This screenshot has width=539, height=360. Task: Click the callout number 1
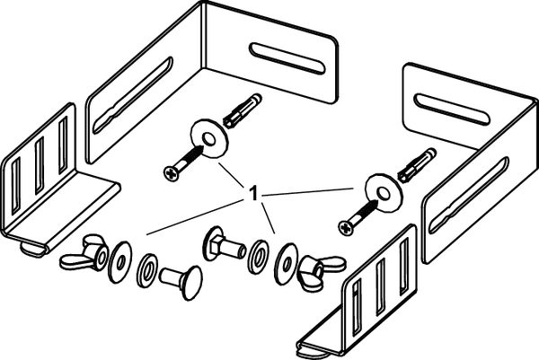tap(253, 193)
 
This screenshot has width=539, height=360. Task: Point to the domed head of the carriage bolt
tap(190, 283)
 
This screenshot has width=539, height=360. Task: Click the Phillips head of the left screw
tap(172, 173)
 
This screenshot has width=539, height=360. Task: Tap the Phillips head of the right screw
tap(346, 228)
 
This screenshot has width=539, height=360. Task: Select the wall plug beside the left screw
tap(243, 110)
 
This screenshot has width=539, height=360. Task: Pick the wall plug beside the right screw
tap(417, 165)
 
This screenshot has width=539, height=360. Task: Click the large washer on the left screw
tap(209, 138)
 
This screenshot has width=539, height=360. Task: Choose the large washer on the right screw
tap(384, 193)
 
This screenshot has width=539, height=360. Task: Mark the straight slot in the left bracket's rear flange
tap(287, 58)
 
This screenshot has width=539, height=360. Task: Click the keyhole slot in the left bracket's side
tap(133, 95)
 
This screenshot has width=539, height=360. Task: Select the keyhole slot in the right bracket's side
tap(469, 196)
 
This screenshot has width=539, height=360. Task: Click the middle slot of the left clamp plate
tap(40, 165)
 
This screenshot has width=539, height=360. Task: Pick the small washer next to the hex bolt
tap(259, 256)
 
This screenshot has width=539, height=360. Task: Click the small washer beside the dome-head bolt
tap(147, 271)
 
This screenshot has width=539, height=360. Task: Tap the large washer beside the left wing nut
tap(120, 262)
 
